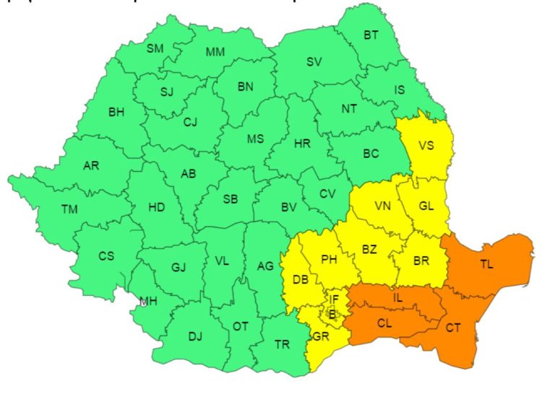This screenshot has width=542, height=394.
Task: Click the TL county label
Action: (x=486, y=264)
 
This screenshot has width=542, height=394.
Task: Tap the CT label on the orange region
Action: (x=453, y=329)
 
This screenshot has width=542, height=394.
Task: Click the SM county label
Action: (x=155, y=48)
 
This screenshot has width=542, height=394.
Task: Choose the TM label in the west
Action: (x=69, y=209)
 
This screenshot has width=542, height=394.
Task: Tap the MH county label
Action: (x=149, y=301)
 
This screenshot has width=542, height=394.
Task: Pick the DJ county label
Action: (x=195, y=336)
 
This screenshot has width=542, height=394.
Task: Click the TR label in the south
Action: (x=282, y=344)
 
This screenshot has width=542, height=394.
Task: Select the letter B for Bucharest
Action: (x=332, y=313)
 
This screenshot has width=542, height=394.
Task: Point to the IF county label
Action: (x=334, y=299)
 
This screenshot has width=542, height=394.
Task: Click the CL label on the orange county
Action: (x=385, y=324)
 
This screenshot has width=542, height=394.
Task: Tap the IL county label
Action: (x=398, y=297)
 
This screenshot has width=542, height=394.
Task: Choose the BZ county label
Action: (x=369, y=250)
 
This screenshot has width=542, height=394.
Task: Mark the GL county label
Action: (x=426, y=206)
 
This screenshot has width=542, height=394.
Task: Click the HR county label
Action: (x=302, y=143)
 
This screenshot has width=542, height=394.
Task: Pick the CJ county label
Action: (x=190, y=122)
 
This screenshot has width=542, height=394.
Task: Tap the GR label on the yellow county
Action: (x=322, y=336)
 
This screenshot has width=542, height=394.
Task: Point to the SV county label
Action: (x=314, y=61)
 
